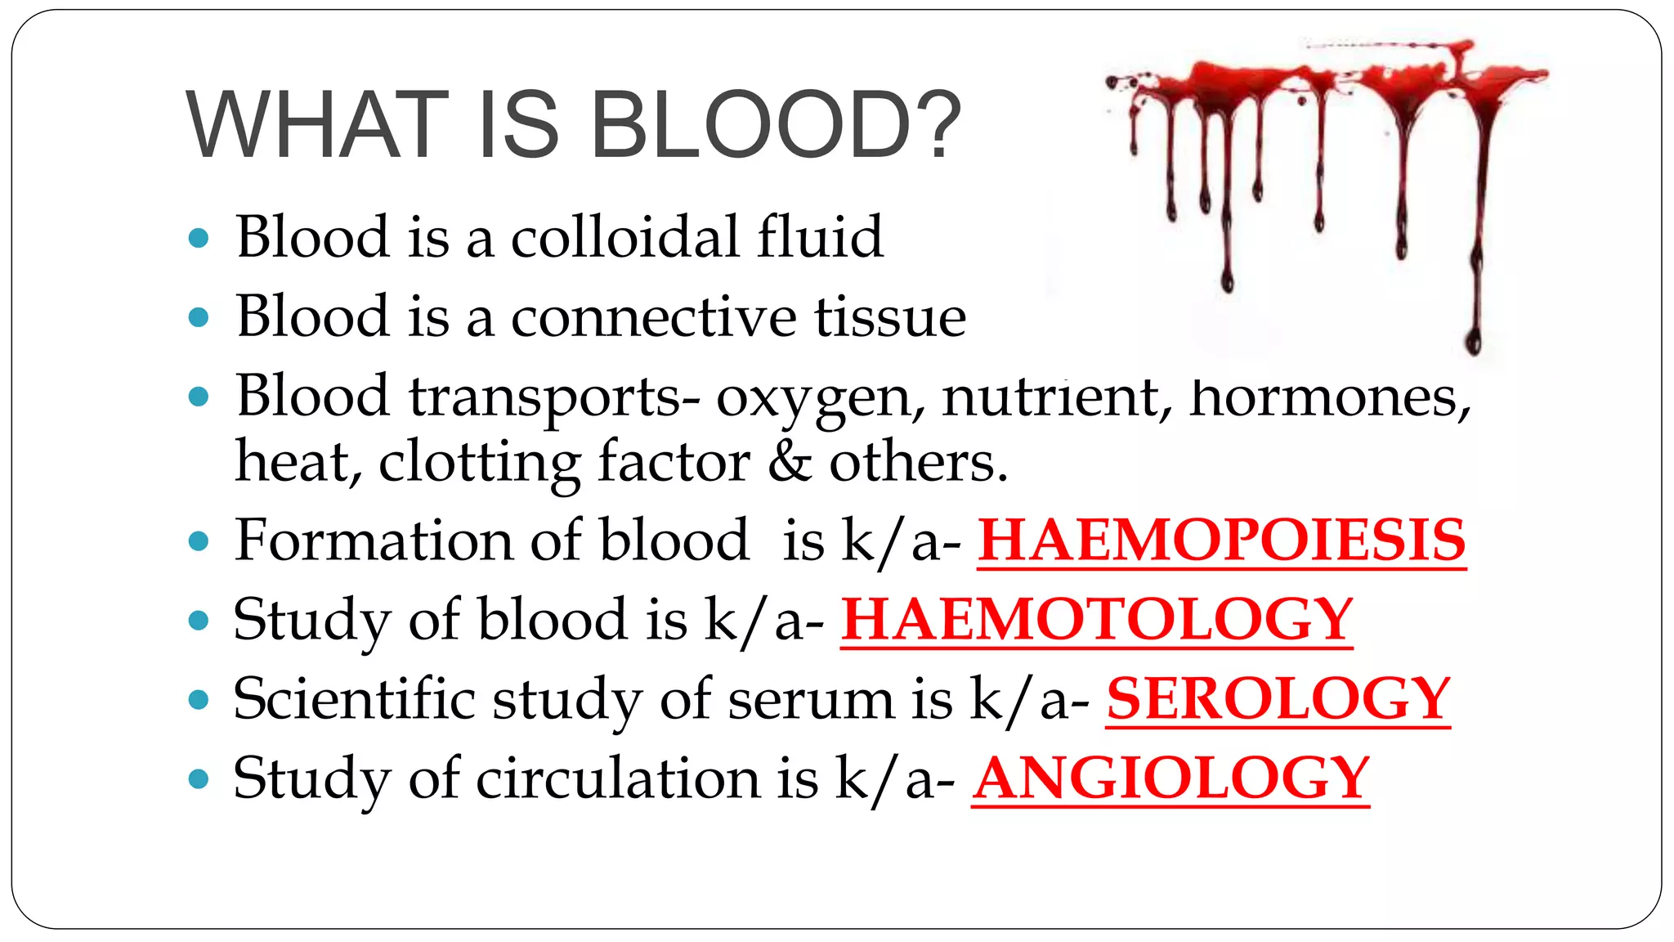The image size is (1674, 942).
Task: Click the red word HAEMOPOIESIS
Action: click(1221, 541)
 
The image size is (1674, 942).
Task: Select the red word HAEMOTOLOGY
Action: click(1097, 619)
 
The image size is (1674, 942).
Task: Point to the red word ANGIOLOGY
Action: click(1170, 778)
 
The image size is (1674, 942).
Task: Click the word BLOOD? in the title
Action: click(775, 125)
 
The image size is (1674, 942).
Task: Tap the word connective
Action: click(653, 316)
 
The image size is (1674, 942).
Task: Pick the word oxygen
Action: click(821, 399)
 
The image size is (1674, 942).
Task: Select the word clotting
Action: click(479, 464)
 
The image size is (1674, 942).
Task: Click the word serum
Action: click(811, 701)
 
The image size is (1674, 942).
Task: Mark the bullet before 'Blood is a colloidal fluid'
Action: click(199, 239)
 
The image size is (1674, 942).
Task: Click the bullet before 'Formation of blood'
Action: click(199, 541)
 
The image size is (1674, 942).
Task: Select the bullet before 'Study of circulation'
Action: click(199, 778)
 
